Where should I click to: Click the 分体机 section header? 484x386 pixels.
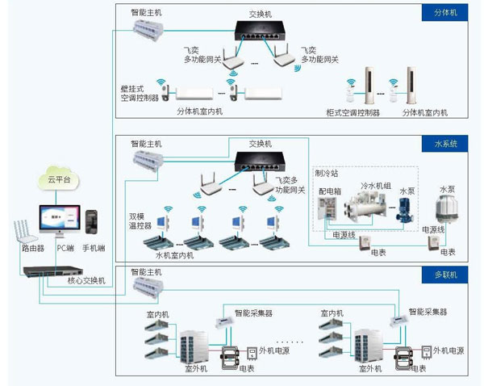pyautogui.click(x=444, y=13)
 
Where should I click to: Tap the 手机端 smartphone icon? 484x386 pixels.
pyautogui.click(x=93, y=221)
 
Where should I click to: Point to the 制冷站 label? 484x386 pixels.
pyautogui.click(x=327, y=173)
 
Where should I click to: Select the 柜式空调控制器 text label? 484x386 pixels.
pyautogui.click(x=353, y=112)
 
